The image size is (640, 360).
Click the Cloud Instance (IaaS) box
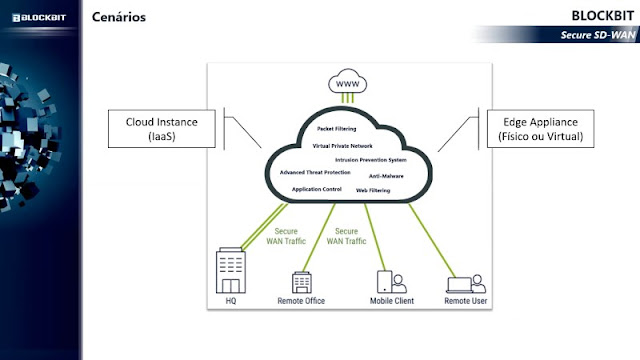(162, 127)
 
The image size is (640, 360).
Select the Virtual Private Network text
(342, 146)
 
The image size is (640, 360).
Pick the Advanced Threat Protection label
(315, 172)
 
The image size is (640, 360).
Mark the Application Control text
(317, 188)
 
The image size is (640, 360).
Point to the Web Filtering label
(373, 190)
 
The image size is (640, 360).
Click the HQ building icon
(232, 268)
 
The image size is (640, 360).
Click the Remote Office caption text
(301, 299)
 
